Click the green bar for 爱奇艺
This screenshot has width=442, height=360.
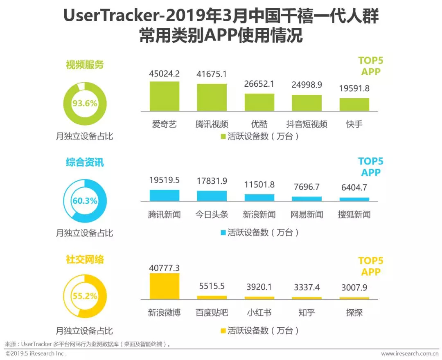164,96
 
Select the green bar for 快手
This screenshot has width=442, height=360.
354,104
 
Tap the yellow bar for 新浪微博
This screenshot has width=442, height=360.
164,286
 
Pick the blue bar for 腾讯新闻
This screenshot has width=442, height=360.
164,195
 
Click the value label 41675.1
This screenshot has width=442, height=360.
212,74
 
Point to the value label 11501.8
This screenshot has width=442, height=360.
259,184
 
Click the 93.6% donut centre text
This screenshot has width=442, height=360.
85,103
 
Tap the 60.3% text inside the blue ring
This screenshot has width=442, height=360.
85,201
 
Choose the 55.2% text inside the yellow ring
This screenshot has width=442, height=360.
85,296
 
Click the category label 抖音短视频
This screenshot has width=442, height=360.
307,124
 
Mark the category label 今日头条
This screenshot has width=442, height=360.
212,214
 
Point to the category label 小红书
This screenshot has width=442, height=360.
259,313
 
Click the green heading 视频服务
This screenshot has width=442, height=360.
85,65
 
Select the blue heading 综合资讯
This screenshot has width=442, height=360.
85,162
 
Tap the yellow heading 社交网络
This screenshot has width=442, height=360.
85,259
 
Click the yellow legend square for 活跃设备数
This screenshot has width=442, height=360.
223,331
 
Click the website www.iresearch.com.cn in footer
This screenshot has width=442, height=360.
410,353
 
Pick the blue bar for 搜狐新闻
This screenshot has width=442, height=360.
354,199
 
